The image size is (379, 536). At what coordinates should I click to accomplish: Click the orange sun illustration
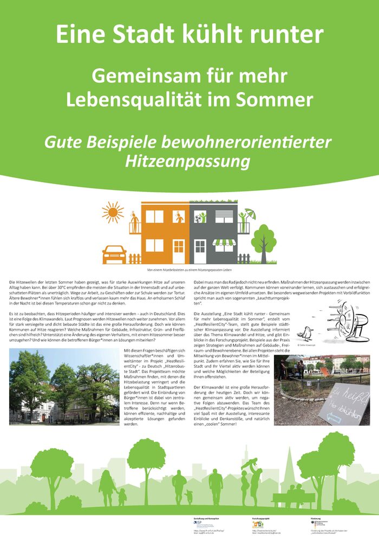[113, 212]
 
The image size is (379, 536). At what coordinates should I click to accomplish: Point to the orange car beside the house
[114, 254]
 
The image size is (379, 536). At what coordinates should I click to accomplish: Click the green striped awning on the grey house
[224, 242]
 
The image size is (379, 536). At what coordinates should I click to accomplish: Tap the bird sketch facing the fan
[309, 332]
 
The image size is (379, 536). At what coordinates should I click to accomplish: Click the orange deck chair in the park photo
[325, 371]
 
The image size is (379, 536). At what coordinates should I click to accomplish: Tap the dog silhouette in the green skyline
[188, 496]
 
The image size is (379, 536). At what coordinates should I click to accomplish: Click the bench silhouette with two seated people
[294, 497]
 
